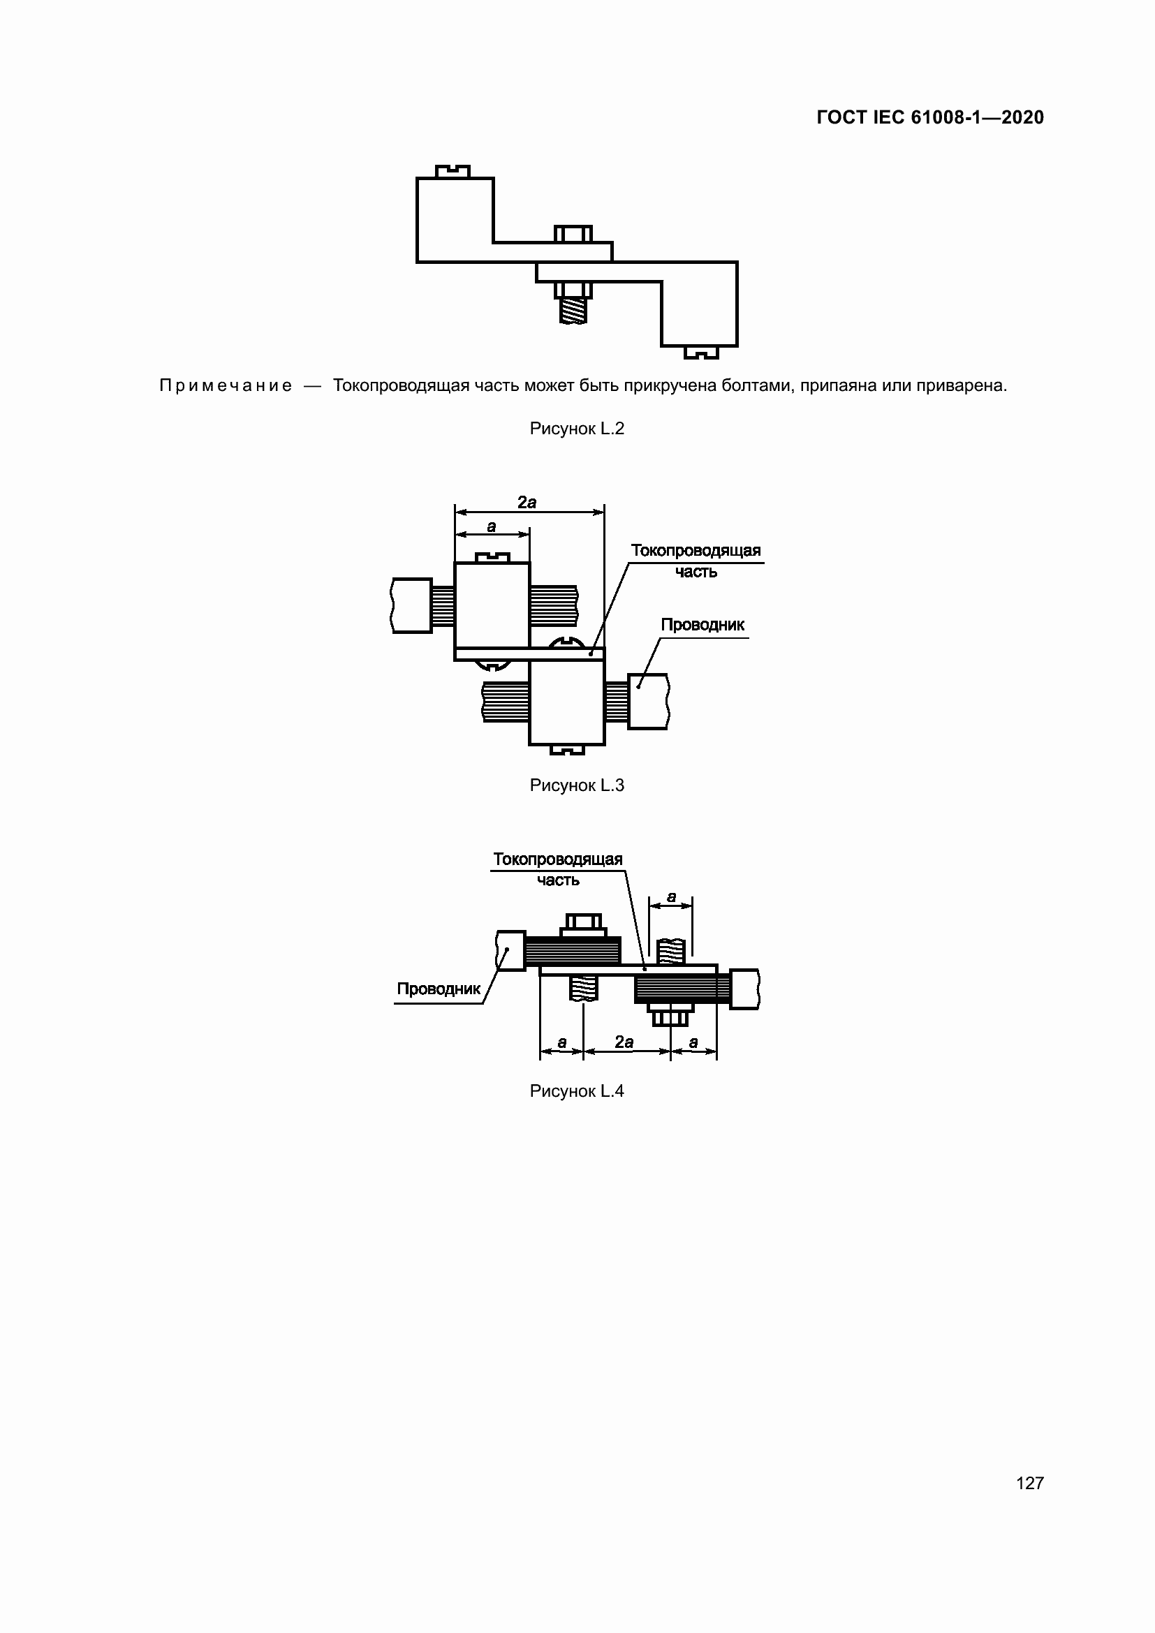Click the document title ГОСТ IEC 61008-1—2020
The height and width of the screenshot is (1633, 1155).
(929, 117)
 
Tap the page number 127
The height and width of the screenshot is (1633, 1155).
(1029, 1482)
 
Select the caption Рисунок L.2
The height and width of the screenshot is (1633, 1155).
(577, 428)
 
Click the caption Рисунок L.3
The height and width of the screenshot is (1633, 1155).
(577, 785)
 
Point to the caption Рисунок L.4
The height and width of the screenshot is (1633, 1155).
(577, 1091)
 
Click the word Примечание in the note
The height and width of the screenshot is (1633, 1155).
(226, 385)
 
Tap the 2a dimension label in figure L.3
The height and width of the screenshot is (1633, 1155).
(527, 502)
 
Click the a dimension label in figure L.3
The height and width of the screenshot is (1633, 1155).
(492, 526)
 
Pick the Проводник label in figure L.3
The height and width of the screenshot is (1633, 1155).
(702, 624)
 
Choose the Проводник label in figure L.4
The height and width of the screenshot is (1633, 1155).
(439, 989)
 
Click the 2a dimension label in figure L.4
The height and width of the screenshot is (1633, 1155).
(624, 1042)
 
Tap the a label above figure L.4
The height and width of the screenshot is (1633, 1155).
(670, 897)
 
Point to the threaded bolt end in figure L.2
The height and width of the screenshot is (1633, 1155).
(573, 311)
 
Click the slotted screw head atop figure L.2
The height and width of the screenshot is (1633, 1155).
(453, 170)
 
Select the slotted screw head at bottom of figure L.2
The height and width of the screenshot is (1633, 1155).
(701, 352)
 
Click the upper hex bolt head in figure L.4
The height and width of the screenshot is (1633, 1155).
(583, 922)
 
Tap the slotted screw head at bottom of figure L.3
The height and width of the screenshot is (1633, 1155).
(568, 750)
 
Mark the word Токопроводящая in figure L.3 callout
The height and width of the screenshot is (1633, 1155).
(696, 550)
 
